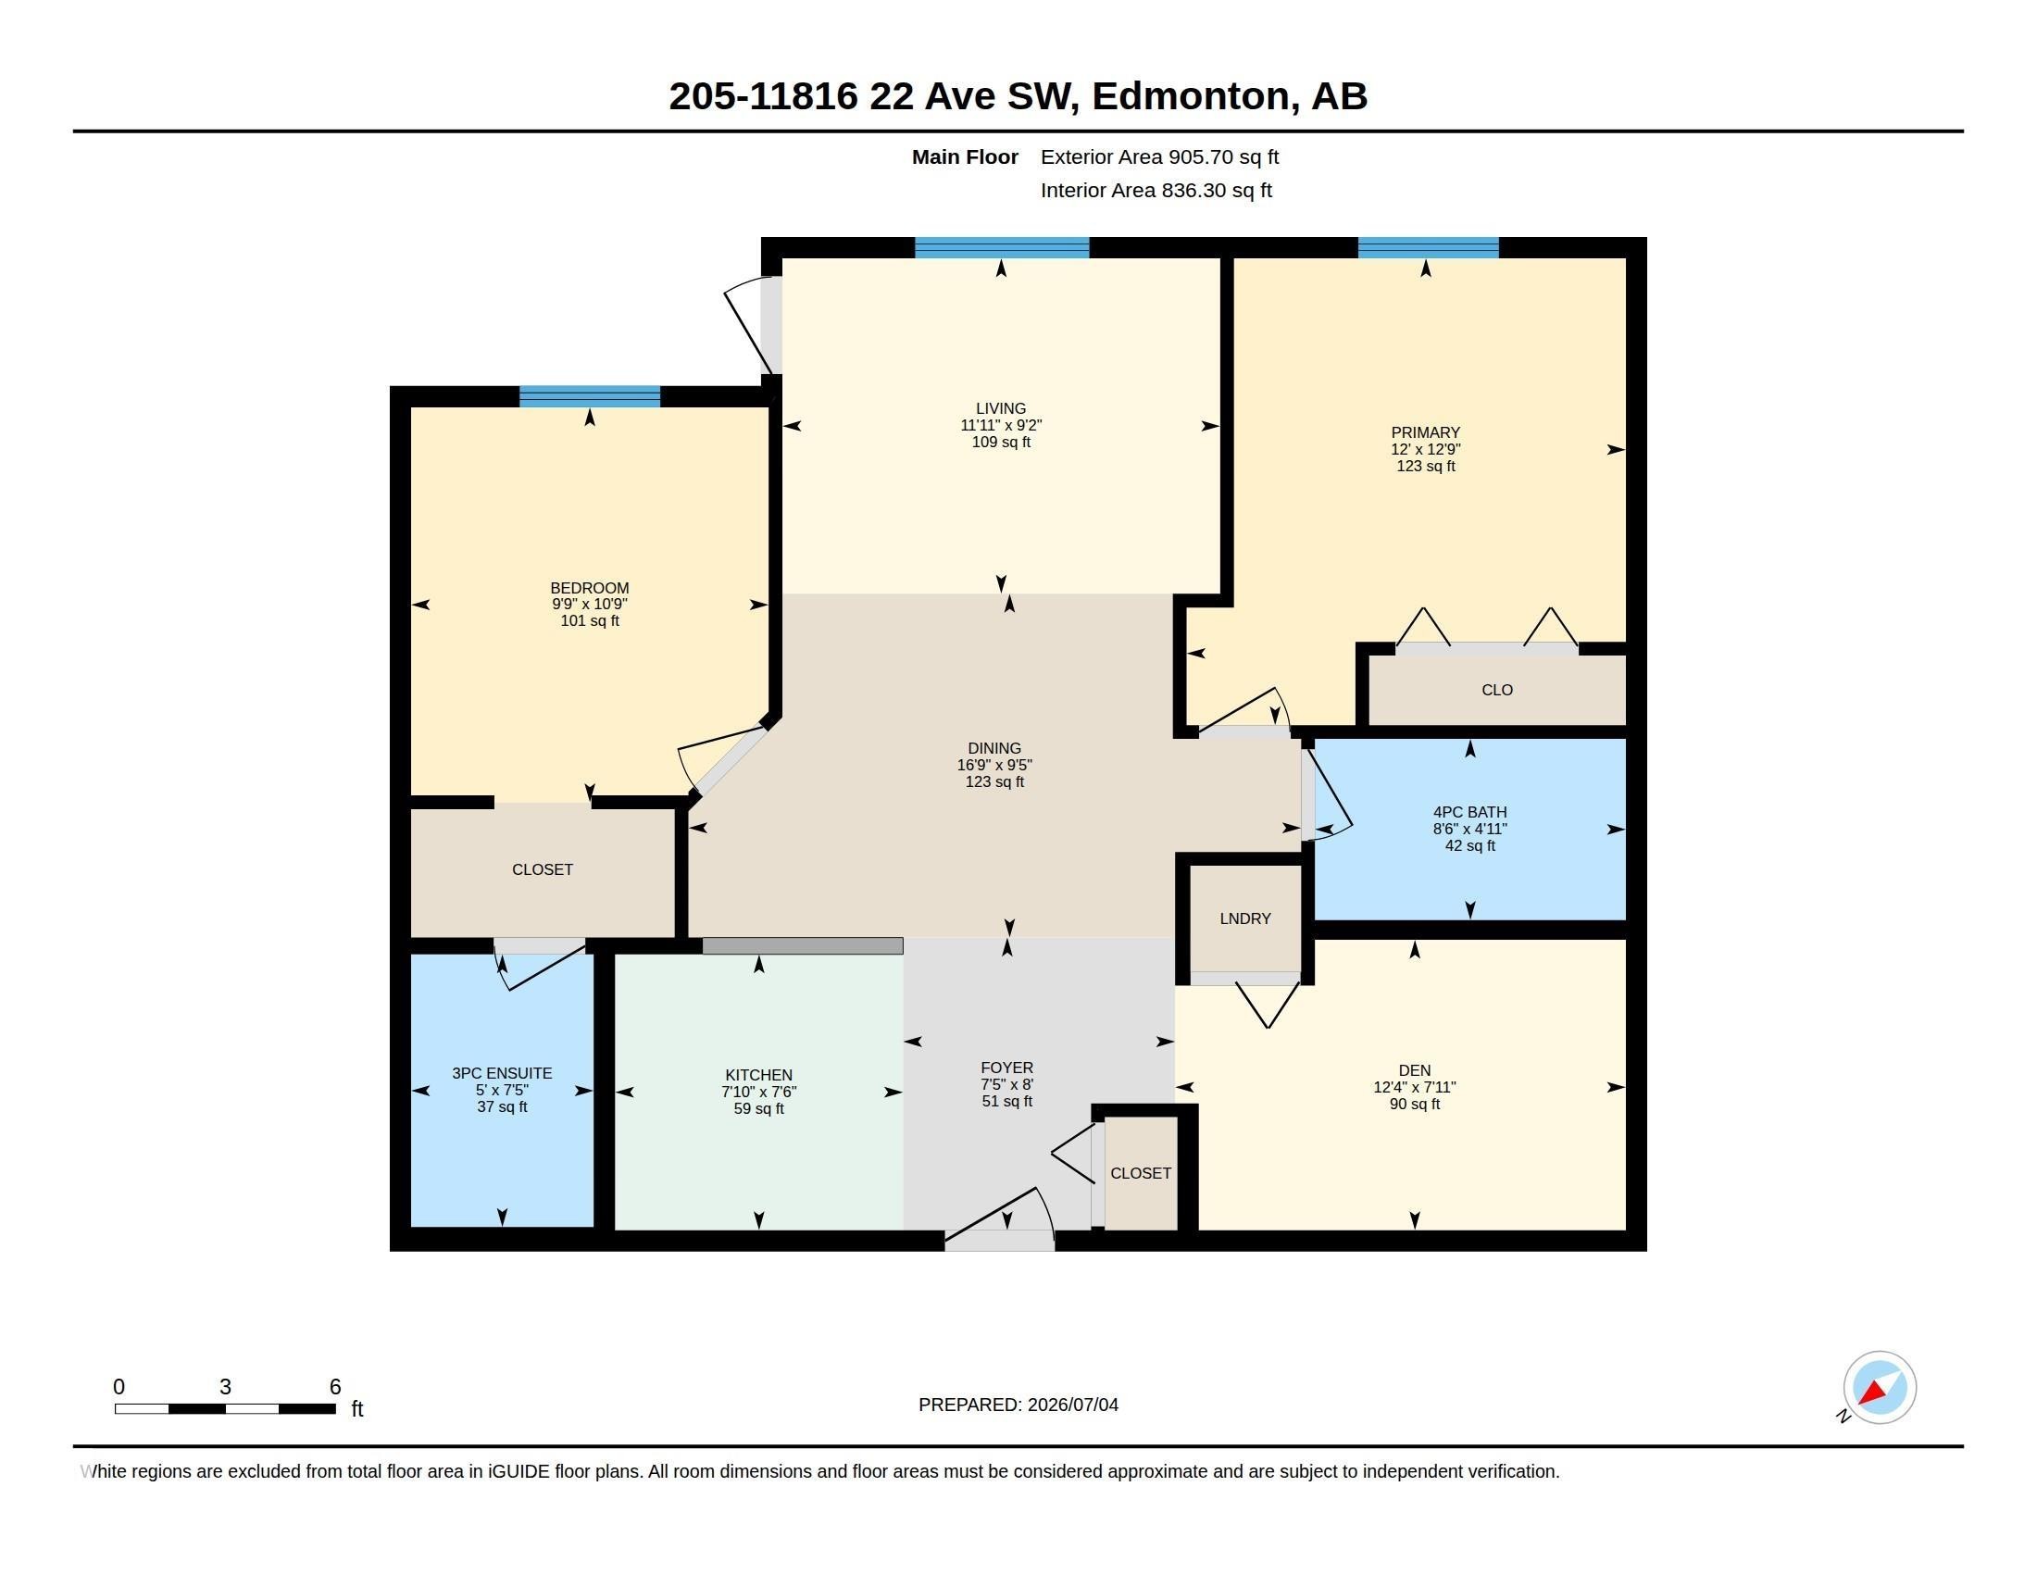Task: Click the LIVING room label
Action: pyautogui.click(x=1001, y=408)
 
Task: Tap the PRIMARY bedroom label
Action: pyautogui.click(x=1425, y=432)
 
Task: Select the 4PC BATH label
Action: pyautogui.click(x=1470, y=812)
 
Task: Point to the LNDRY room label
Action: pyautogui.click(x=1245, y=918)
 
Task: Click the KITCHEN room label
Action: pyautogui.click(x=758, y=1075)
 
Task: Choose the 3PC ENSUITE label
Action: pyautogui.click(x=502, y=1073)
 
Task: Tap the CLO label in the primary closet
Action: pyautogui.click(x=1497, y=690)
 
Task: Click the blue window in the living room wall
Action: pyautogui.click(x=1002, y=248)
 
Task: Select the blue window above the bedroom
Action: pyautogui.click(x=590, y=396)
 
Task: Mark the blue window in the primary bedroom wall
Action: pyautogui.click(x=1428, y=248)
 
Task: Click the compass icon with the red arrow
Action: pyautogui.click(x=1879, y=1388)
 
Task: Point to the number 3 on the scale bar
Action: pyautogui.click(x=225, y=1387)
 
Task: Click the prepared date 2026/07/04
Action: pyautogui.click(x=1072, y=1405)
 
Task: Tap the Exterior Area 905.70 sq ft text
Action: pyautogui.click(x=1159, y=156)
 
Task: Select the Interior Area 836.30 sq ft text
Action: pyautogui.click(x=1156, y=190)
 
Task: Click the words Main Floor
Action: pyautogui.click(x=965, y=156)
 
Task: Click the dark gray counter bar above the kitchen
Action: pyautogui.click(x=802, y=945)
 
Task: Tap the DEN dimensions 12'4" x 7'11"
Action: pyautogui.click(x=1414, y=1087)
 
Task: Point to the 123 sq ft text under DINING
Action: pyautogui.click(x=994, y=781)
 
